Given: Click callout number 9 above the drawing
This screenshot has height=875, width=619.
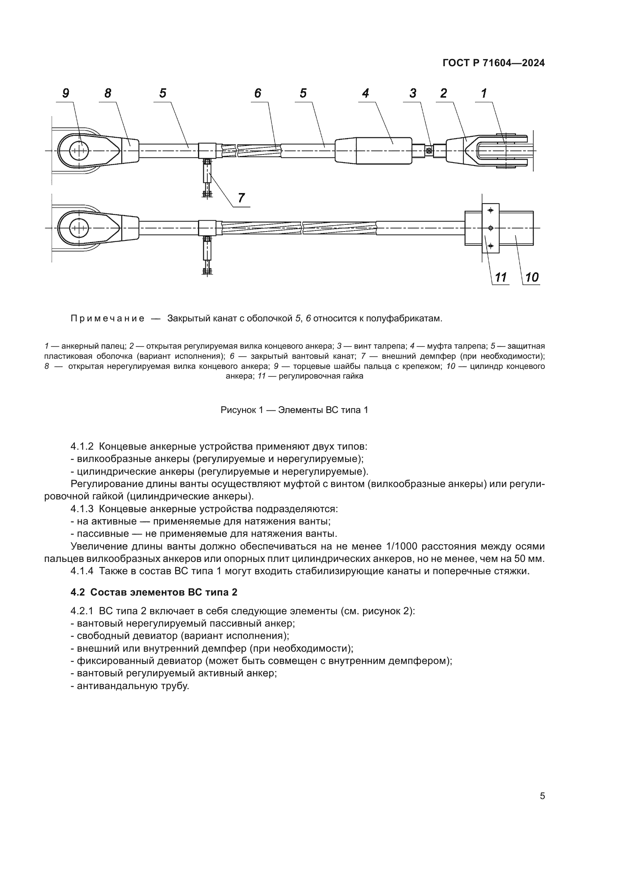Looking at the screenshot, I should (66, 94).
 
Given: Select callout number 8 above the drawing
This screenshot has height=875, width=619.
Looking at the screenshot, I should (108, 94).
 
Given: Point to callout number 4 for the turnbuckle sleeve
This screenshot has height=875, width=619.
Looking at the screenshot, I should (366, 94).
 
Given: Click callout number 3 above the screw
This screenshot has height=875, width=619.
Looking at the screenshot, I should (413, 94).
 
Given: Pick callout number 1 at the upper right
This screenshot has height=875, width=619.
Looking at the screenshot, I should (484, 94).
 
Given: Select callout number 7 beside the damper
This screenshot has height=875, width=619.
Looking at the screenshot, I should (241, 198).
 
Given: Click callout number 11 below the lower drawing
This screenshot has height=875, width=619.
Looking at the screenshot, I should (501, 277).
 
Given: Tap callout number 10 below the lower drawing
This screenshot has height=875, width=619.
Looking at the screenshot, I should (532, 277).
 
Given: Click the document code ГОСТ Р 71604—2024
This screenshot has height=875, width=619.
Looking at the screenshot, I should (494, 63).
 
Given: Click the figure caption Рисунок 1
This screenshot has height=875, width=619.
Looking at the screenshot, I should (294, 410).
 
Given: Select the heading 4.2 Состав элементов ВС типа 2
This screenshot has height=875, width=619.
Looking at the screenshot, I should (154, 592).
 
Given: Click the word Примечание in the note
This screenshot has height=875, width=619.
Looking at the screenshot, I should (107, 319).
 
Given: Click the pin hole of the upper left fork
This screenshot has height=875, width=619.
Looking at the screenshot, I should (79, 151).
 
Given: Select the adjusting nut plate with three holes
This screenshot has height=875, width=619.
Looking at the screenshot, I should (491, 228).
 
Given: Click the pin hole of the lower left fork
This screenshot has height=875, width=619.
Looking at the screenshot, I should (79, 228).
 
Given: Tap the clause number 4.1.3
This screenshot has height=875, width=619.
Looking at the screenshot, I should (82, 509).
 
